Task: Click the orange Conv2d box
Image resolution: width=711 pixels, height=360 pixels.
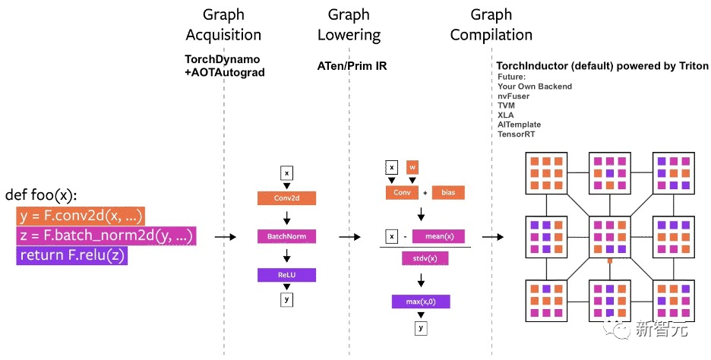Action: click(286, 198)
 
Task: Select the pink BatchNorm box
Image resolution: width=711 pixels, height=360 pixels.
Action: click(286, 236)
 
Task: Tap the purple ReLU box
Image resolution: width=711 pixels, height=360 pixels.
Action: click(286, 274)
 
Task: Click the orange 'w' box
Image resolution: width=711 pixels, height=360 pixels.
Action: click(412, 167)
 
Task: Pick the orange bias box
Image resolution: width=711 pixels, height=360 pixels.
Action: click(448, 192)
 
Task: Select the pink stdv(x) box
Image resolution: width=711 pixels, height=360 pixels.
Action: click(425, 259)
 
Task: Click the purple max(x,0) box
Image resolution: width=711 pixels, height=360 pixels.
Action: click(421, 302)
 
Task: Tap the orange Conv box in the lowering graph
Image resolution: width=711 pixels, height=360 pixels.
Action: click(402, 192)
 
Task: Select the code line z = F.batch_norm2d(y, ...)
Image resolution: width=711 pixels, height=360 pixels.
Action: click(106, 235)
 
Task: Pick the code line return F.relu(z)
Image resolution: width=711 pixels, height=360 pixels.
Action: click(72, 256)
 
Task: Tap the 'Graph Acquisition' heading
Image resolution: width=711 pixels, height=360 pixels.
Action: click(223, 25)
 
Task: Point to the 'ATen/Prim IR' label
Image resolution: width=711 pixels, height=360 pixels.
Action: click(352, 66)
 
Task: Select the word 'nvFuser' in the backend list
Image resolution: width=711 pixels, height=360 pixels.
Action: click(513, 96)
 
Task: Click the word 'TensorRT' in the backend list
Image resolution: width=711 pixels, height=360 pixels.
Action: click(517, 134)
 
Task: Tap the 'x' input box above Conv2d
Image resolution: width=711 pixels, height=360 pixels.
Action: click(286, 173)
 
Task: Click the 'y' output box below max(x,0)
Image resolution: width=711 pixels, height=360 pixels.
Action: click(420, 328)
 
